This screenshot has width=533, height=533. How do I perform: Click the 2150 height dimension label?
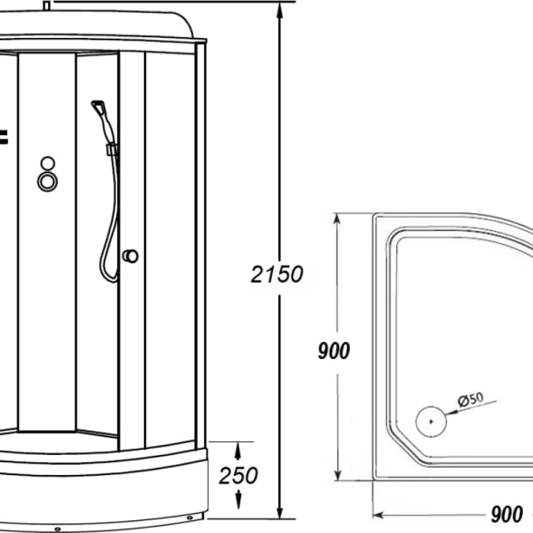276,275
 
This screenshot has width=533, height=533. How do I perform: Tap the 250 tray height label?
238,475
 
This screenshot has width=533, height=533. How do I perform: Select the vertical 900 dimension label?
334,351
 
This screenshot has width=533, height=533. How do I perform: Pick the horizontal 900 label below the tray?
507,514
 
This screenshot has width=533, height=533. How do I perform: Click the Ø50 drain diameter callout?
470,400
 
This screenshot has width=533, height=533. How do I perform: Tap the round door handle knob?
131,256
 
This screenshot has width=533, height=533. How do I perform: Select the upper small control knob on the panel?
47,163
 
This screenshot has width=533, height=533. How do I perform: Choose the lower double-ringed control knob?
47,181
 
